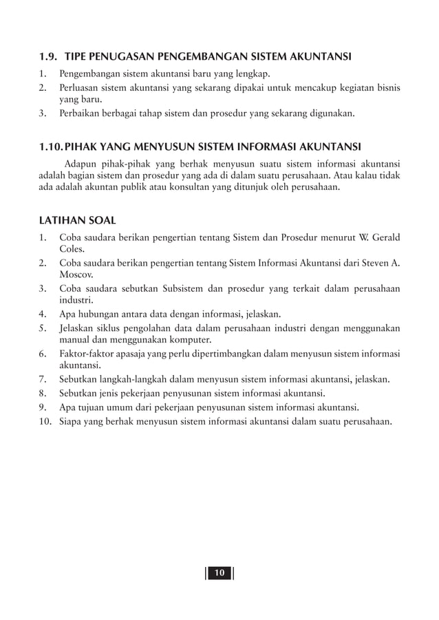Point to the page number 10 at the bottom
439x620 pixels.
pos(219,573)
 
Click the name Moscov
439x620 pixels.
pos(76,275)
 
